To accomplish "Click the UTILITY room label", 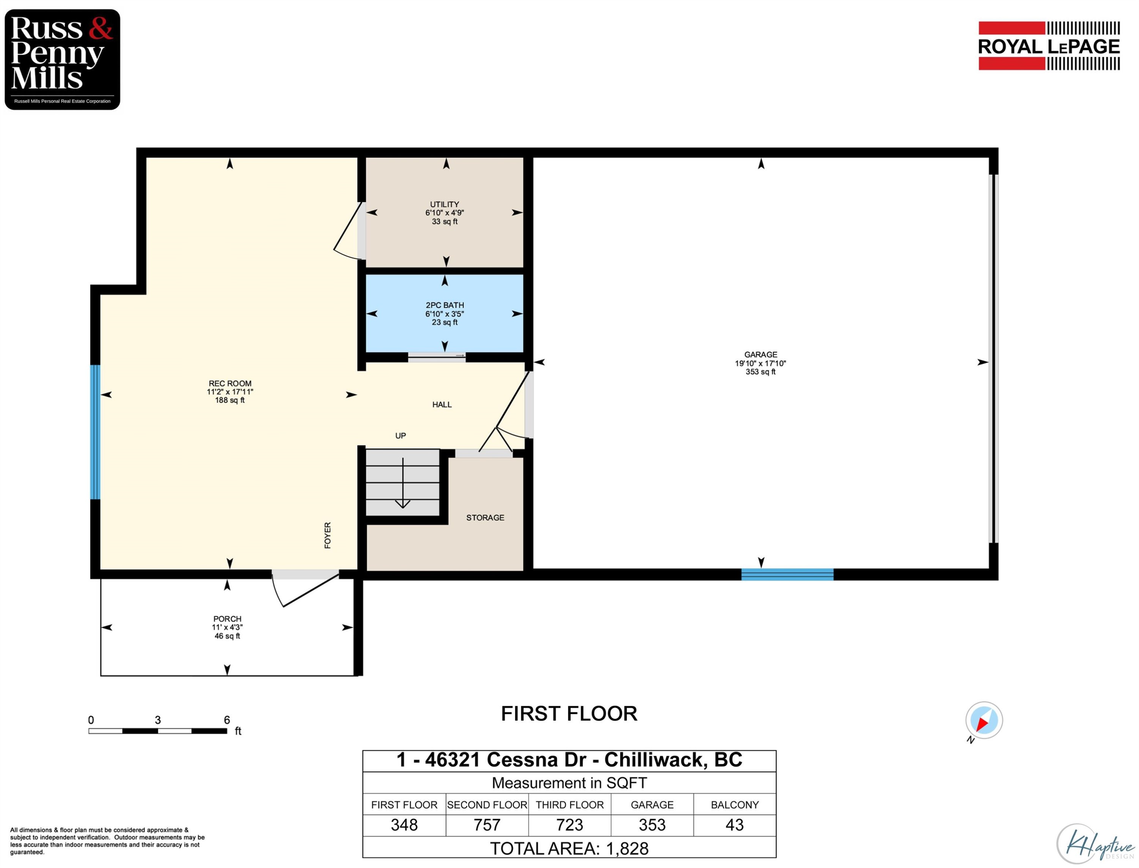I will [x=445, y=205].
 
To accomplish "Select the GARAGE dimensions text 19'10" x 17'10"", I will [x=760, y=363].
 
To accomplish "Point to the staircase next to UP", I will [x=402, y=482].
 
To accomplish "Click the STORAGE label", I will [x=485, y=518].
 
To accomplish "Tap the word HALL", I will [x=442, y=405].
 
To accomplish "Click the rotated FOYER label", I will [x=328, y=535].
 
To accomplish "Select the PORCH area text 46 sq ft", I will [x=227, y=636].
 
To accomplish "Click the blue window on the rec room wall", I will [x=95, y=432].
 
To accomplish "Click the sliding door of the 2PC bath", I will [x=437, y=356].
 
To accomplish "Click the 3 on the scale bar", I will [x=158, y=720].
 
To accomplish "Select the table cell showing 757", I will [x=487, y=825].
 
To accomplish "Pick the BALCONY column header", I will [x=734, y=805].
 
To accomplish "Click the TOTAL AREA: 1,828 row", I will [x=569, y=848].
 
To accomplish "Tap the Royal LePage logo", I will [x=1049, y=46].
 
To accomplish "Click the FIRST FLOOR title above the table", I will [x=569, y=714].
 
